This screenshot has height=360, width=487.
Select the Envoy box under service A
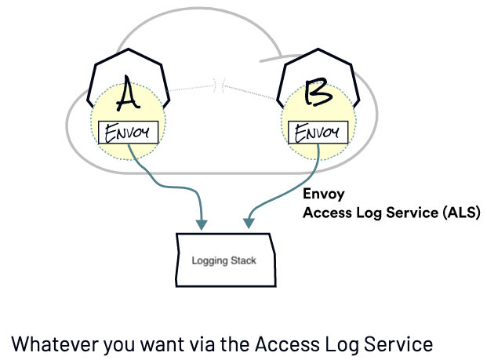point(127,133)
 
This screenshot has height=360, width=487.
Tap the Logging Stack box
point(226,260)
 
